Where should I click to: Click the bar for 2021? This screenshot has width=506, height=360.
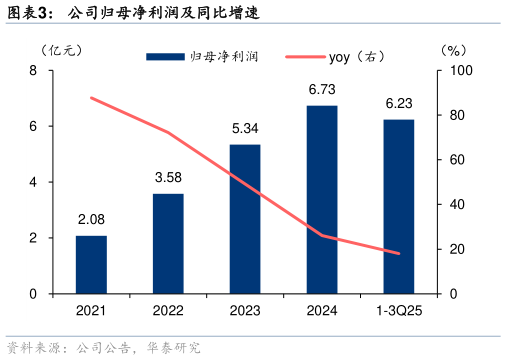(91, 265)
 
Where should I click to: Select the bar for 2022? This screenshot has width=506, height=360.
(168, 244)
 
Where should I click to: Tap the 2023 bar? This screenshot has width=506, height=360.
(245, 219)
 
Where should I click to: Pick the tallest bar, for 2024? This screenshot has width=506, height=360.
(322, 200)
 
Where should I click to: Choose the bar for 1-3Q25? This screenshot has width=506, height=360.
(399, 207)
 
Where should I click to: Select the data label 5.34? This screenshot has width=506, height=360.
(245, 130)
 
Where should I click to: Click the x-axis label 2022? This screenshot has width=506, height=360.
(168, 311)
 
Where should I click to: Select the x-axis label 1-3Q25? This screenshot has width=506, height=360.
(399, 311)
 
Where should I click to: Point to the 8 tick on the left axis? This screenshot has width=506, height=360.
(34, 71)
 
